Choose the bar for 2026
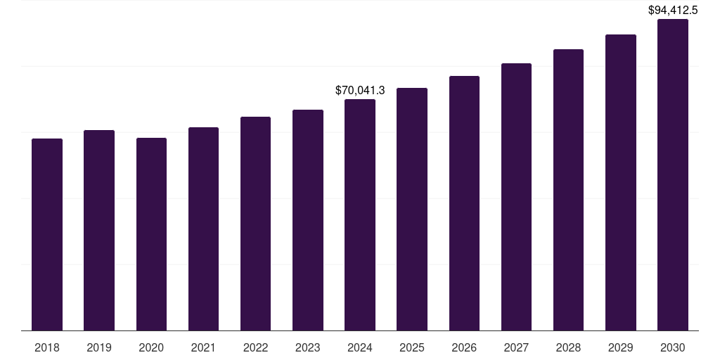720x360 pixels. click(464, 203)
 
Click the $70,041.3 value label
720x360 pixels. click(360, 91)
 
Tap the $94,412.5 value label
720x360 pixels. click(673, 10)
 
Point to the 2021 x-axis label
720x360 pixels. click(203, 347)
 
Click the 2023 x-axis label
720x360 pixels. click(308, 347)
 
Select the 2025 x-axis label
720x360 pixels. click(412, 347)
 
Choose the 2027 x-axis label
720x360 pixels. click(516, 347)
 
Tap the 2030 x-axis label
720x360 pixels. click(673, 347)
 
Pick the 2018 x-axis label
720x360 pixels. click(47, 347)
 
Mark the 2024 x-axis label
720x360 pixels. click(360, 347)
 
